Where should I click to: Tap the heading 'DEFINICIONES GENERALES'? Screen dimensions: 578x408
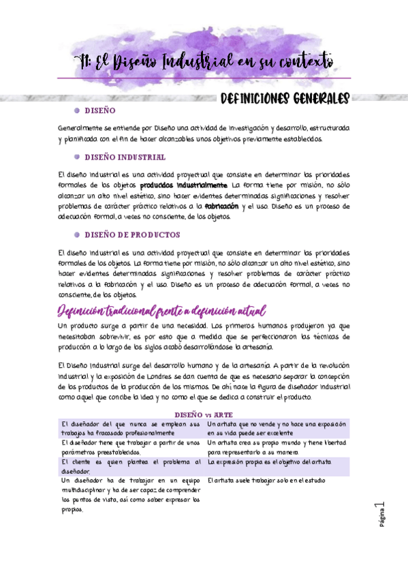(285, 99)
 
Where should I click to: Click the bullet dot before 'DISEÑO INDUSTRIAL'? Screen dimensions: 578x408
(76, 157)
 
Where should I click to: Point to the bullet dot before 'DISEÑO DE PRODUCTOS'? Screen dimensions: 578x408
(76, 234)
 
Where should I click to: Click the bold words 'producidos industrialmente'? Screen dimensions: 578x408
(183, 185)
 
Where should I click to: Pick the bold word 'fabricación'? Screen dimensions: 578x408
(221, 206)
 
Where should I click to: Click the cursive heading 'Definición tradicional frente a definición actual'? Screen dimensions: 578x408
(161, 311)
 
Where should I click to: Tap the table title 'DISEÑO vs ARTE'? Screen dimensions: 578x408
(204, 414)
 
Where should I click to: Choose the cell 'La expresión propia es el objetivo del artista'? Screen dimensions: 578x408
(270, 461)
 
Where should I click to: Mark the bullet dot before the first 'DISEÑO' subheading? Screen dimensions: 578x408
(76, 110)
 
